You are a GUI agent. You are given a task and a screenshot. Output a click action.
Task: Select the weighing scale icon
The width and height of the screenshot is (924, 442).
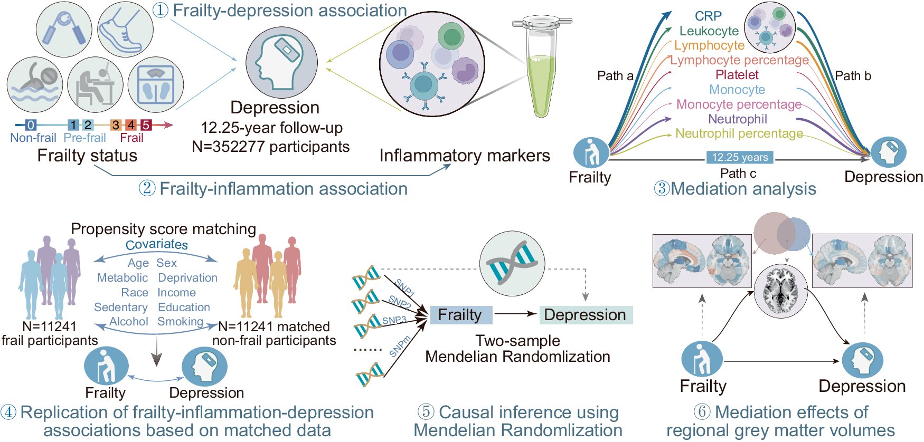(156, 85)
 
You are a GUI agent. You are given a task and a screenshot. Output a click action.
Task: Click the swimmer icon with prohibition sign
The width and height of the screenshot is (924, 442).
(35, 85)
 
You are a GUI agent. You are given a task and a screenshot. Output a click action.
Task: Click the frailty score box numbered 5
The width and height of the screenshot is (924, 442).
(146, 125)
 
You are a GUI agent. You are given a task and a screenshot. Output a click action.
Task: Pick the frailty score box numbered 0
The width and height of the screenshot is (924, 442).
(31, 125)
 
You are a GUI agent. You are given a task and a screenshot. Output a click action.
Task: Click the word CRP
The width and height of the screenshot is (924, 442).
(708, 16)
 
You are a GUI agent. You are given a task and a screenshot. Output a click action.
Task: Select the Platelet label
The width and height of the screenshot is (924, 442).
(737, 75)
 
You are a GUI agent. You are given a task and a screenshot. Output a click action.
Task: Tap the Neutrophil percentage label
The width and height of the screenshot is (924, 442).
(739, 134)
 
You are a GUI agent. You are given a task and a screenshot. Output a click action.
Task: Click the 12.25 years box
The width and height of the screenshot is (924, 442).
(740, 157)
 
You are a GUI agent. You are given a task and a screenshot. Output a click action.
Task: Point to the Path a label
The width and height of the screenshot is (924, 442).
(615, 76)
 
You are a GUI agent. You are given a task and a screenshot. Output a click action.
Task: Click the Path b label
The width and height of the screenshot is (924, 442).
(853, 76)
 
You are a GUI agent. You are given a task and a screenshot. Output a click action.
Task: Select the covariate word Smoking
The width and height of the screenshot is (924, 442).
(180, 322)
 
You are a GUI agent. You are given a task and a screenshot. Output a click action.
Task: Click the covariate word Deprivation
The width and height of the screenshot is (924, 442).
(187, 278)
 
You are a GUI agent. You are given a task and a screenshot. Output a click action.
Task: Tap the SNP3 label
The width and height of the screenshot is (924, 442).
(394, 320)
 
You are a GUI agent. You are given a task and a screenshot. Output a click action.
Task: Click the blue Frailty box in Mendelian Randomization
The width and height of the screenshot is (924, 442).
(460, 315)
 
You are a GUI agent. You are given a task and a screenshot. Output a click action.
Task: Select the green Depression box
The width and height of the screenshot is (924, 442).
(585, 315)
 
